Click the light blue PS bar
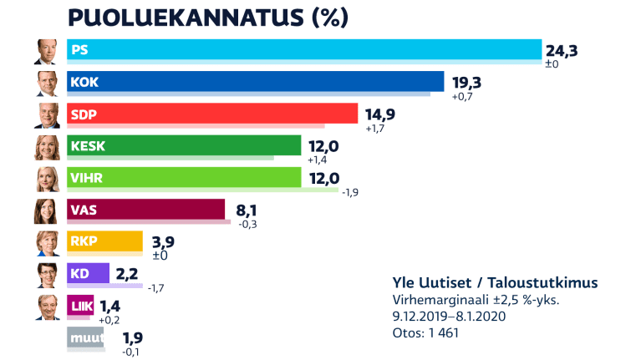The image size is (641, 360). pyautogui.click(x=304, y=50)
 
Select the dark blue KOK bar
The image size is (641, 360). pyautogui.click(x=255, y=82)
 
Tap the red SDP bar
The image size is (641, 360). pyautogui.click(x=212, y=114)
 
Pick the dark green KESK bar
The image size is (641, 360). pyautogui.click(x=184, y=146)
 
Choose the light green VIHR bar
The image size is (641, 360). pyautogui.click(x=184, y=178)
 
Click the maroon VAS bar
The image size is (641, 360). pyautogui.click(x=145, y=210)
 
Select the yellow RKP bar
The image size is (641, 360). pyautogui.click(x=105, y=242)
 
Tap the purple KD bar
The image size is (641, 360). pyautogui.click(x=88, y=274)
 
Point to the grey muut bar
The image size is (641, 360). pyautogui.click(x=85, y=337)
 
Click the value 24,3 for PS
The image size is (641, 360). pyautogui.click(x=561, y=50)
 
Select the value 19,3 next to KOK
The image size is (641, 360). pyautogui.click(x=466, y=83)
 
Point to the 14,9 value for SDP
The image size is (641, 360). pyautogui.click(x=379, y=114)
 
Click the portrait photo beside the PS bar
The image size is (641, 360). pyautogui.click(x=47, y=52)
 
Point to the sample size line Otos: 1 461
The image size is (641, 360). pyautogui.click(x=425, y=332)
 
